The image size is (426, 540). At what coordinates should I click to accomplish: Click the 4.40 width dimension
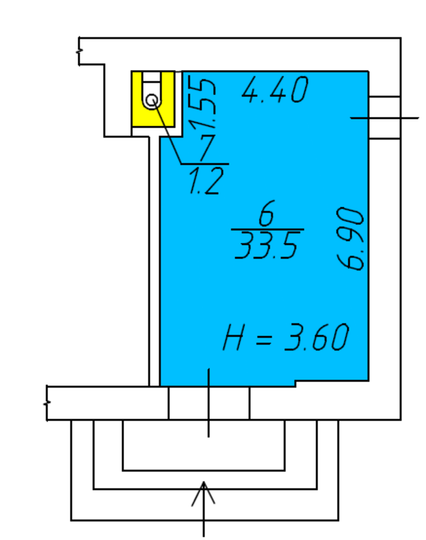click(x=275, y=90)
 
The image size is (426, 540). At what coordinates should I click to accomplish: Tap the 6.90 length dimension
click(x=351, y=239)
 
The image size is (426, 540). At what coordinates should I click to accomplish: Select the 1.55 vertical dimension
click(x=204, y=104)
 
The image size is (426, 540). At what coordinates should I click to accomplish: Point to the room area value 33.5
click(x=266, y=245)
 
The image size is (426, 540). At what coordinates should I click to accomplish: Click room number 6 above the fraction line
click(x=266, y=213)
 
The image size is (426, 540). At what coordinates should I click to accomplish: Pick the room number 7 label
click(x=208, y=148)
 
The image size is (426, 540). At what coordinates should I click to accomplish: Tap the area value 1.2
click(x=206, y=181)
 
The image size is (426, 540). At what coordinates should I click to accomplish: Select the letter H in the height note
click(x=233, y=337)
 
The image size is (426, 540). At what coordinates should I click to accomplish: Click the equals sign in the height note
click(x=264, y=339)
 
